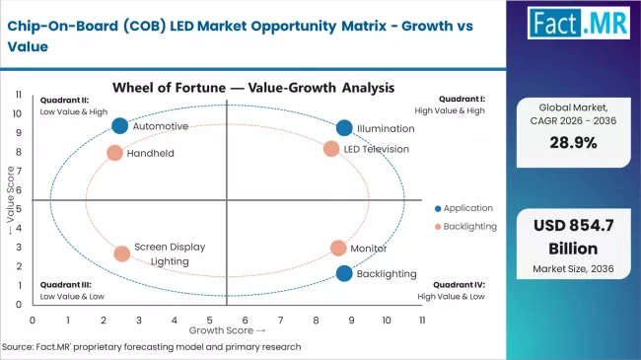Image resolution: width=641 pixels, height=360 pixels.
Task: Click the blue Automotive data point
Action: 119,125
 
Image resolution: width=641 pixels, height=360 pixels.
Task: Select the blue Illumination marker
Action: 343,127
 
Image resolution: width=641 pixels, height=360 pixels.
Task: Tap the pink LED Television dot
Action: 331,149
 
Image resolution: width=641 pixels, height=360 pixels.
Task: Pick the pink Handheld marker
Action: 114,153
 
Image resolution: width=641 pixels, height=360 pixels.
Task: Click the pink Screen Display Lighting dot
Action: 121,253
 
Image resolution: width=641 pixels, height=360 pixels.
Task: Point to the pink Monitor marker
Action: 338,249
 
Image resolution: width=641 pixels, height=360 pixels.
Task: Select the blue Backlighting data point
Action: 343,273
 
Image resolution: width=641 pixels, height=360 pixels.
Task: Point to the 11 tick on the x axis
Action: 422,321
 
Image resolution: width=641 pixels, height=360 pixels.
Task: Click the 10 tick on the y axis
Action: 19,112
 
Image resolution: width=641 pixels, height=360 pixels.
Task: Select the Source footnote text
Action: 152,347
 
